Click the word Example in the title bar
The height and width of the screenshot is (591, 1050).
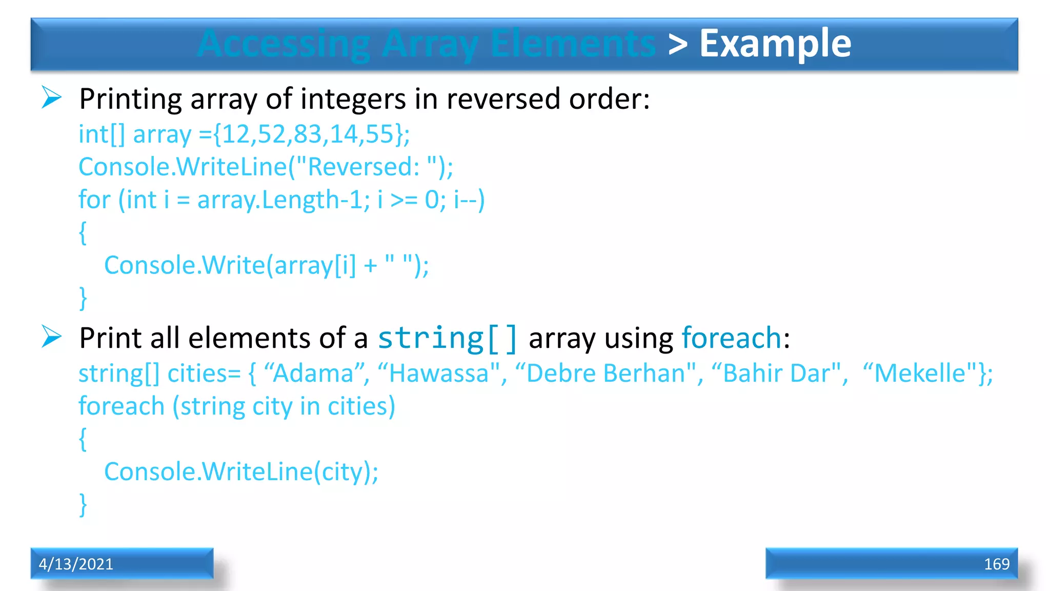tap(775, 44)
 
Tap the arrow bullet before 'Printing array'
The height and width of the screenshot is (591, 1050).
tap(51, 97)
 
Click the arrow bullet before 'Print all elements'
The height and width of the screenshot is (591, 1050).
tap(51, 337)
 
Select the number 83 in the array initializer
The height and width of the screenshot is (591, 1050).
tap(308, 134)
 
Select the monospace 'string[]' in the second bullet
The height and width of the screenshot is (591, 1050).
tap(448, 339)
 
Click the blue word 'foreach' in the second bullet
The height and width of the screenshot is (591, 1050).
tap(732, 339)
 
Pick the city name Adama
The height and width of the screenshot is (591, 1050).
tap(313, 373)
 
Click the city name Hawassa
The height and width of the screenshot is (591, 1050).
tap(439, 373)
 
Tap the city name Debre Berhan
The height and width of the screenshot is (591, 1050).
tap(605, 373)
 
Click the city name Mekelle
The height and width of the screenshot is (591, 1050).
tap(920, 373)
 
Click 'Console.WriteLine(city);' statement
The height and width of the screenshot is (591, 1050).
tap(241, 472)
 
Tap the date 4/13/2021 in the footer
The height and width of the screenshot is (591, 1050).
tap(76, 564)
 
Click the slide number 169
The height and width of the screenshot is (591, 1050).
tap(996, 564)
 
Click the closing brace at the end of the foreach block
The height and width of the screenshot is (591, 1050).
tap(83, 505)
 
